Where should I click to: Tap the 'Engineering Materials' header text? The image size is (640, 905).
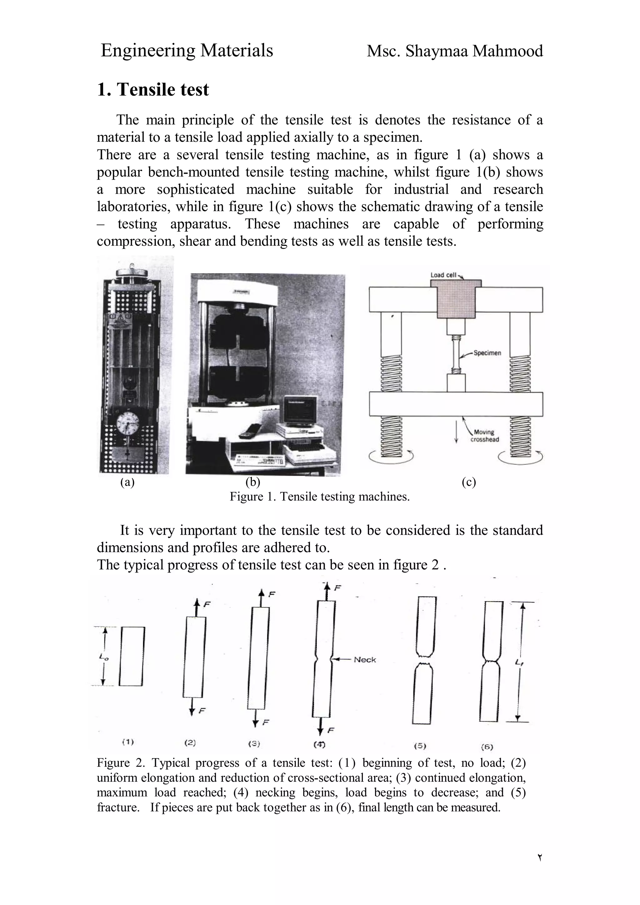click(187, 51)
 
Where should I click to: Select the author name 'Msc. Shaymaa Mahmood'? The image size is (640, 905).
click(454, 51)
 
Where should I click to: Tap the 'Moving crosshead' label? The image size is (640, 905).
click(485, 436)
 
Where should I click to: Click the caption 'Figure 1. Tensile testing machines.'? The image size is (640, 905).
click(319, 497)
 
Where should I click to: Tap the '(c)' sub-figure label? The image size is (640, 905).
click(468, 482)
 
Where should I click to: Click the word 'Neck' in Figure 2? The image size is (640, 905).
click(365, 660)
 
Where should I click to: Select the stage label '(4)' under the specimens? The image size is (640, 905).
click(319, 744)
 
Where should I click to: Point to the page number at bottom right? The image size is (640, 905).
click(539, 857)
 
